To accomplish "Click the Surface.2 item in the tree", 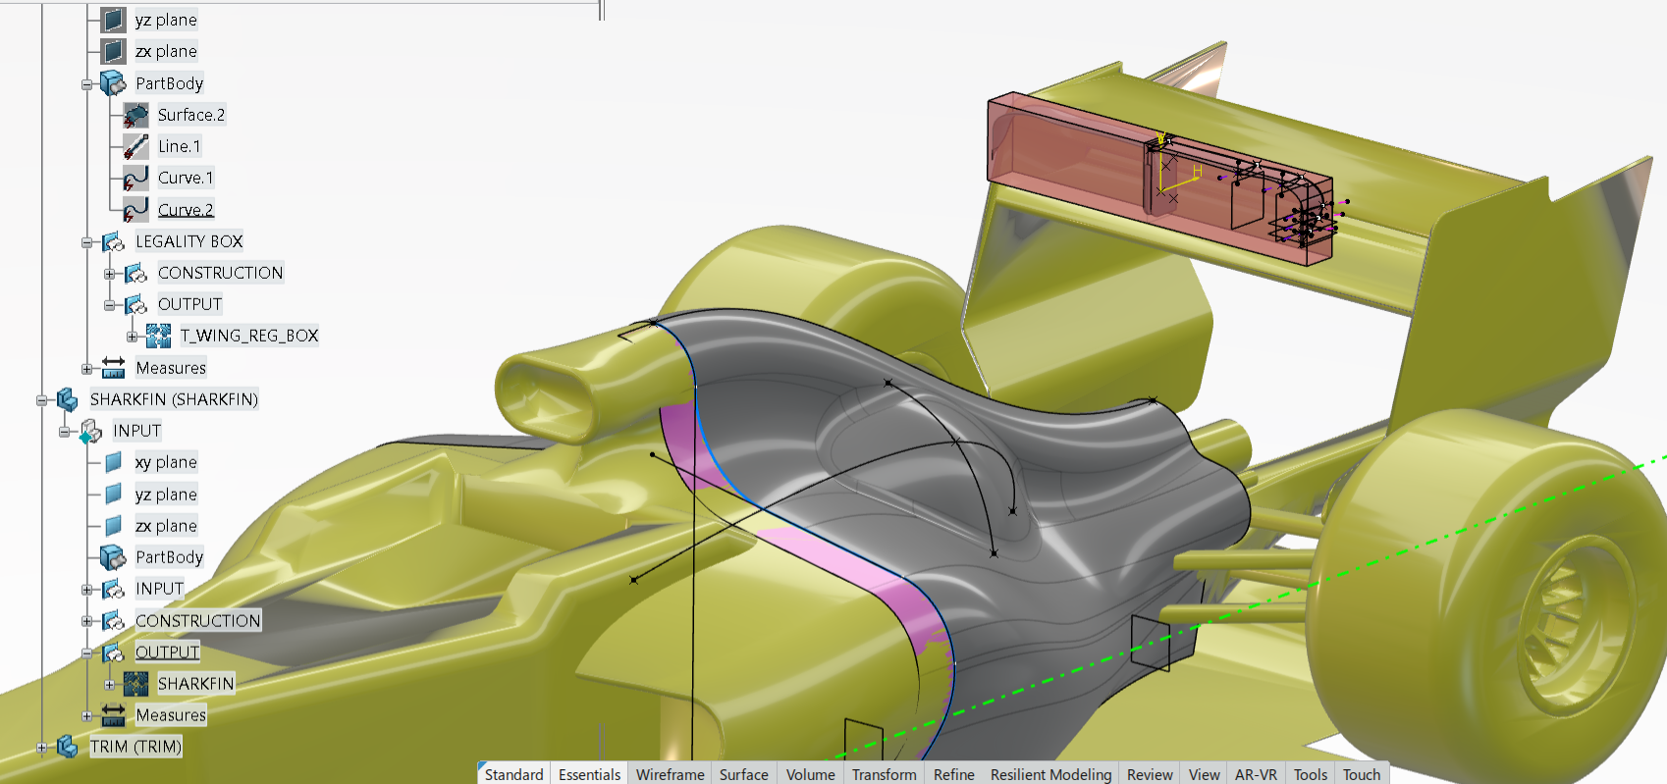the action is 191,115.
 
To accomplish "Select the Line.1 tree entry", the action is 180,146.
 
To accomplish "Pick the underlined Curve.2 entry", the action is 186,210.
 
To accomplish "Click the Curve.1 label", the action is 186,178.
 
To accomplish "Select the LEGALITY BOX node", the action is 189,241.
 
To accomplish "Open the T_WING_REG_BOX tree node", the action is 249,336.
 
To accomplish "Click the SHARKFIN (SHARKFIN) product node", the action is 174,399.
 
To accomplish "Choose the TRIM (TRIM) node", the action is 135,746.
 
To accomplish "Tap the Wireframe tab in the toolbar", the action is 670,774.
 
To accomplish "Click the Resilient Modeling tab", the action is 1050,774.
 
